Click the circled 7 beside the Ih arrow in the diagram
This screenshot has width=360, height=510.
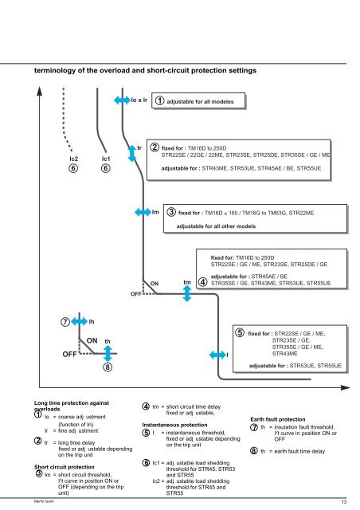click(x=56, y=322)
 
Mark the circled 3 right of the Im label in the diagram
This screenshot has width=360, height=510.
click(x=169, y=213)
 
